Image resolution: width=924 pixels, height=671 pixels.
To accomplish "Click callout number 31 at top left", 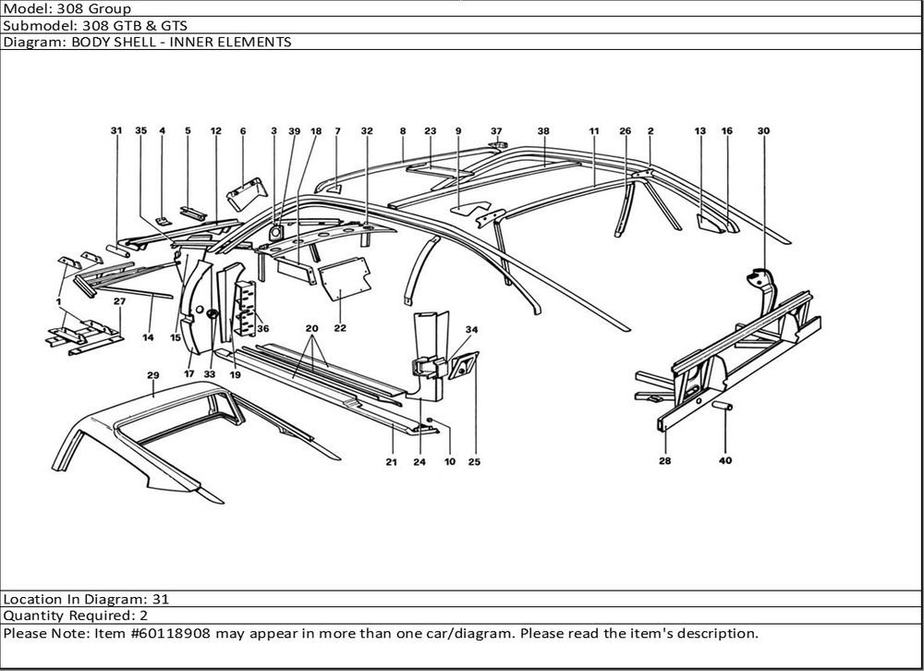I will pyautogui.click(x=115, y=131).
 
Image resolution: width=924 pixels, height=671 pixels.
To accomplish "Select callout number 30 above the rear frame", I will pyautogui.click(x=763, y=131).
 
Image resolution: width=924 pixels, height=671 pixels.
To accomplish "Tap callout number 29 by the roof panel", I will pyautogui.click(x=153, y=374).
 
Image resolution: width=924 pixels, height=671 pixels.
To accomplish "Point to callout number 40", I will pyautogui.click(x=725, y=461).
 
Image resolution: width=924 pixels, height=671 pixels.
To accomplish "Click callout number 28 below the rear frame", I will pyautogui.click(x=665, y=460).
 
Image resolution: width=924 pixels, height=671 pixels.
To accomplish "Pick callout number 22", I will pyautogui.click(x=340, y=328).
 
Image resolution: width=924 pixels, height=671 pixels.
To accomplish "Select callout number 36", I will pyautogui.click(x=263, y=328).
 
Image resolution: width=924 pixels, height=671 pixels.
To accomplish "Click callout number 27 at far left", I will pyautogui.click(x=119, y=302).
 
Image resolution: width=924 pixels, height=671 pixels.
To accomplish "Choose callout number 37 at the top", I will pyautogui.click(x=496, y=131).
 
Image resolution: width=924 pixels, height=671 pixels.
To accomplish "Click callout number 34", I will pyautogui.click(x=471, y=329).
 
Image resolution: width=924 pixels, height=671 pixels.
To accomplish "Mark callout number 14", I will pyautogui.click(x=148, y=338).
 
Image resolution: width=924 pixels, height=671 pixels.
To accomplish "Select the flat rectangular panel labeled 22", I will pyautogui.click(x=339, y=281).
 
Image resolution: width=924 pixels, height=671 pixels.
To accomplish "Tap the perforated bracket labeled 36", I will pyautogui.click(x=246, y=306).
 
